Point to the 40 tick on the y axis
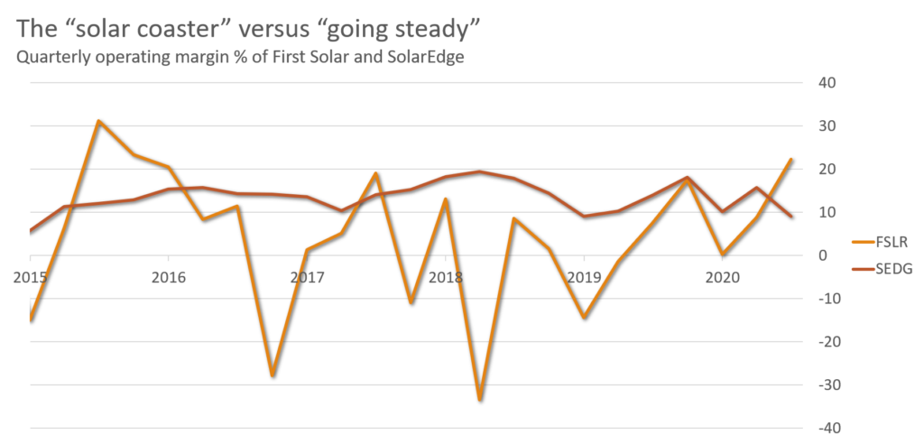click(828, 83)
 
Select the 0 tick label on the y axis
click(822, 255)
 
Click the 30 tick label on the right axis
click(828, 126)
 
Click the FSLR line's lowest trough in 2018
click(479, 399)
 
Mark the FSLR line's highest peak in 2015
click(98, 120)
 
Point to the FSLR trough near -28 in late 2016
click(272, 375)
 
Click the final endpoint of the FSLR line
click(791, 159)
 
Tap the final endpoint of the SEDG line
click(791, 216)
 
